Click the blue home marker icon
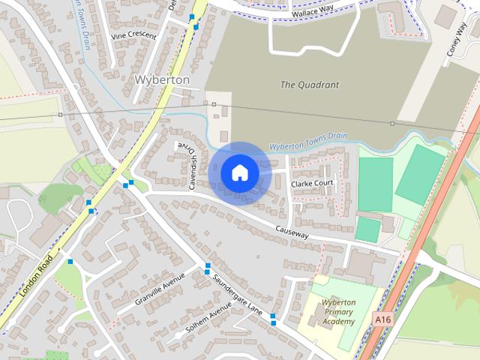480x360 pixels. (239, 173)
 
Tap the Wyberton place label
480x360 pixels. (161, 79)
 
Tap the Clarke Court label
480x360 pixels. (311, 183)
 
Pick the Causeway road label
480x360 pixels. (292, 234)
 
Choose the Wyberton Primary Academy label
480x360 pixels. (337, 312)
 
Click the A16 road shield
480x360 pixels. (382, 320)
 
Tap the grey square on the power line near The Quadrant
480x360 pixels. (391, 123)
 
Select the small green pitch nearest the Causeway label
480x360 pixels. (367, 229)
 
